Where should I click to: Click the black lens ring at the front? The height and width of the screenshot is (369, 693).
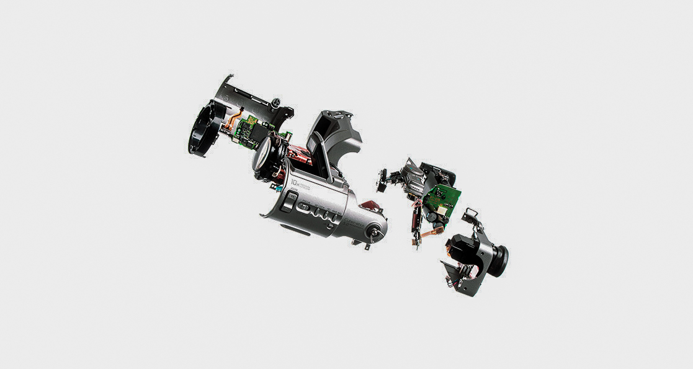point(200,131)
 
